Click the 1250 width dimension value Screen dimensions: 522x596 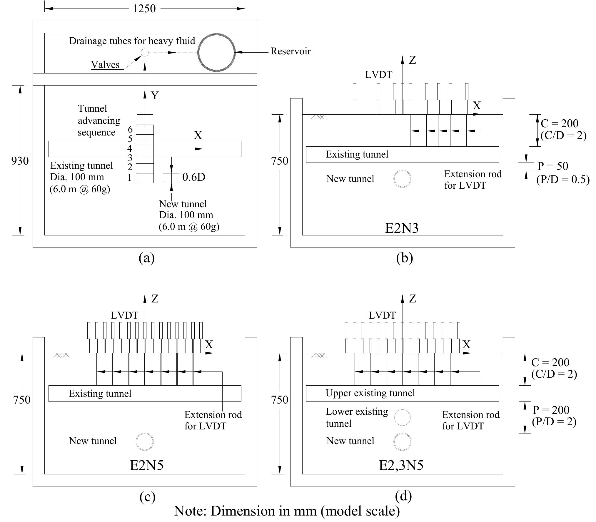coord(144,9)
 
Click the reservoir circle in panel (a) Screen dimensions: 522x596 coord(217,53)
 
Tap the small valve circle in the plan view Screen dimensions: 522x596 coord(145,53)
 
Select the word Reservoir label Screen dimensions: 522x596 coord(290,51)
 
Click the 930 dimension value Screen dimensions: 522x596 coord(20,161)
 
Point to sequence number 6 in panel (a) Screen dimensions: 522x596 coord(130,129)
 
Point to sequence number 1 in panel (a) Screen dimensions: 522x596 coord(129,178)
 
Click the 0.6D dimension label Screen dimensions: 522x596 coord(194,177)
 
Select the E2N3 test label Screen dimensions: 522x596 coord(402,228)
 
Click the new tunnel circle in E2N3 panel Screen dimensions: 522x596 coord(402,179)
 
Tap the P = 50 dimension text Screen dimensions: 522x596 coord(553,166)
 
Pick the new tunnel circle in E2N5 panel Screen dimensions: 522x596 coord(145,441)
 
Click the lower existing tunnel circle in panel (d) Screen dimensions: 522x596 coord(402,418)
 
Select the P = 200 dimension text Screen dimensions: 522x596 coord(551,410)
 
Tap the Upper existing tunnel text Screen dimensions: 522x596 coord(370,393)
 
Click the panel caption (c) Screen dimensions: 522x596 coord(147,496)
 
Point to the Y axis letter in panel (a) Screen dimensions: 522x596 coord(155,96)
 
